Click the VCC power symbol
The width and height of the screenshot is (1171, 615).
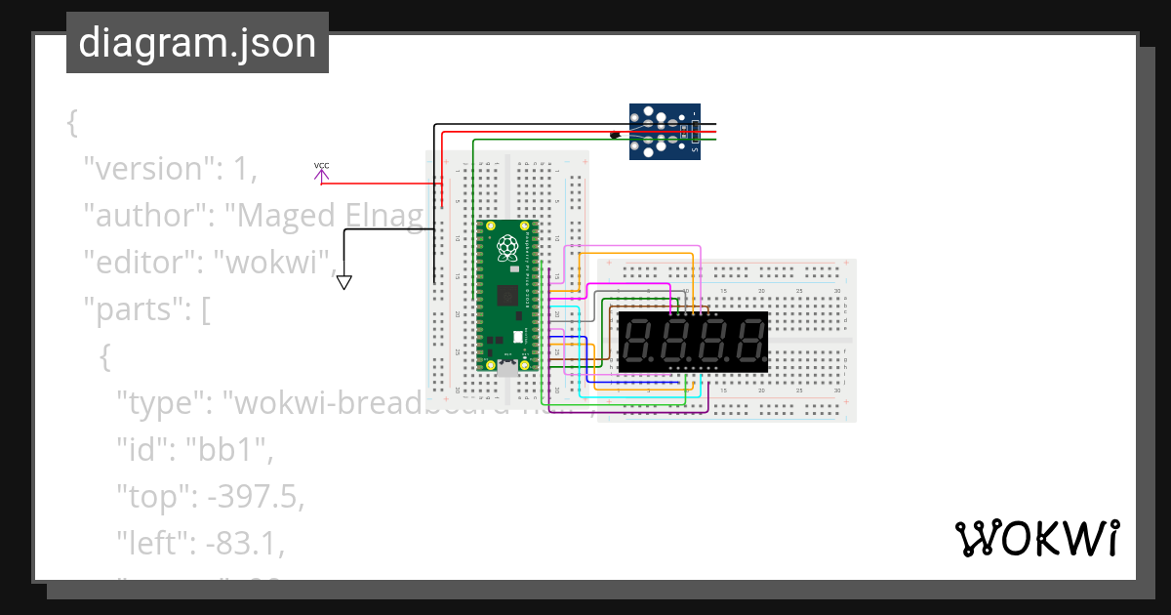point(321,170)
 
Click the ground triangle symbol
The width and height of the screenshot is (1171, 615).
point(343,283)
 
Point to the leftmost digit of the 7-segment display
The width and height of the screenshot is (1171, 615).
point(639,342)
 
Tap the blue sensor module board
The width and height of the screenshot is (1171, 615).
point(664,131)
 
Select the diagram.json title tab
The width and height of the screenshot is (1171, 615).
point(197,43)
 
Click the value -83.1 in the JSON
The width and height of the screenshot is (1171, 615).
point(247,543)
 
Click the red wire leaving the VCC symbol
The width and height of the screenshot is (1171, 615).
point(381,183)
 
